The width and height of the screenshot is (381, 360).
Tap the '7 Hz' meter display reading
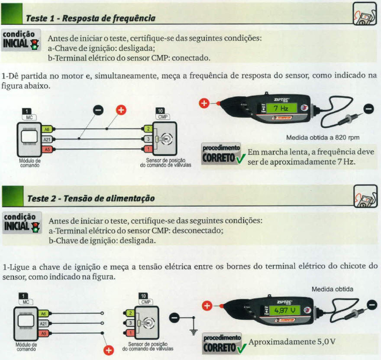278,108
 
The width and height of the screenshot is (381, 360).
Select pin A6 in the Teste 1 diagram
46,129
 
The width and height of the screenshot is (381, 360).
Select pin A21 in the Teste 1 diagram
46,139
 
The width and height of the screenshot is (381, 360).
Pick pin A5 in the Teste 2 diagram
43,333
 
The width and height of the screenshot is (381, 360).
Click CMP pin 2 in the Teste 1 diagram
147,129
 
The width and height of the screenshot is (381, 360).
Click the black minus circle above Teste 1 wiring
98,111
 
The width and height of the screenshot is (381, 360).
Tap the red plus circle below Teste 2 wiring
109,350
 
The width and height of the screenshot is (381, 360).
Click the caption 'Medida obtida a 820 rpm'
323,138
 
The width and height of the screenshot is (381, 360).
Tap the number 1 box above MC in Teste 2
26,296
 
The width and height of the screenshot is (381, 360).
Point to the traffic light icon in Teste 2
35,226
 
